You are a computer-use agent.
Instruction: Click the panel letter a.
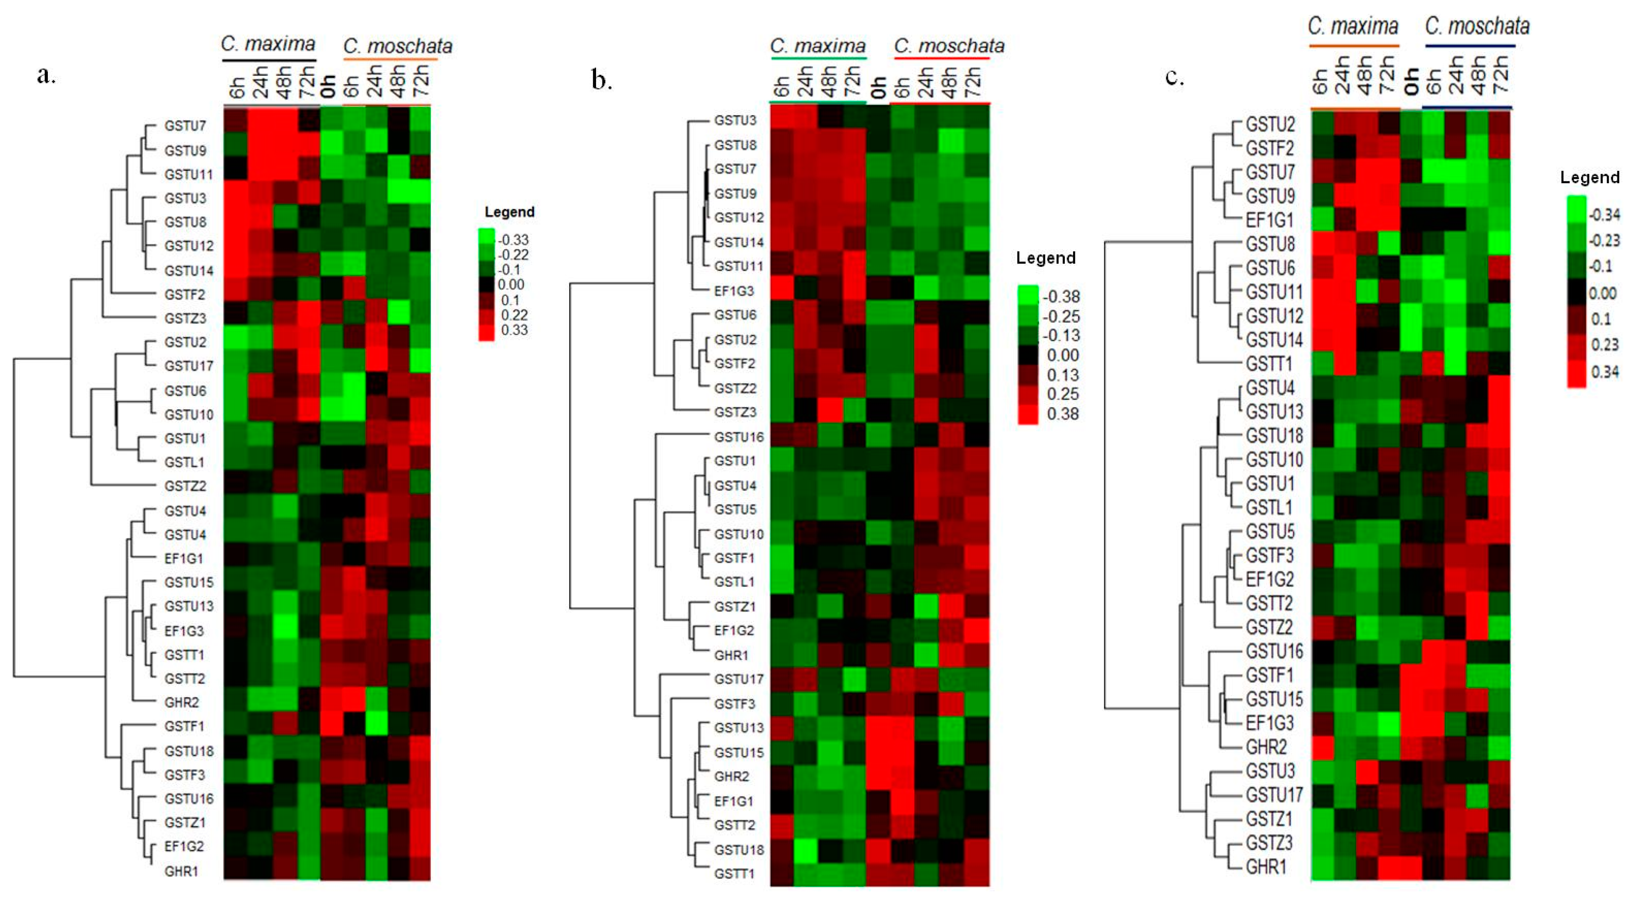pos(46,75)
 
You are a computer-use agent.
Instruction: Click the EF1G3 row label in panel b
pos(734,291)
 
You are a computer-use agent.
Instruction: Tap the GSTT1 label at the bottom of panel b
pos(734,874)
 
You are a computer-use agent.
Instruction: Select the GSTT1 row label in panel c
pos(1268,364)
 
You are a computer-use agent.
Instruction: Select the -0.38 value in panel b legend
pos(1061,296)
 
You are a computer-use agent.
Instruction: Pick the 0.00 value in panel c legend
pos(1602,293)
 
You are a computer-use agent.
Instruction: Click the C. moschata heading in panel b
pos(948,46)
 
